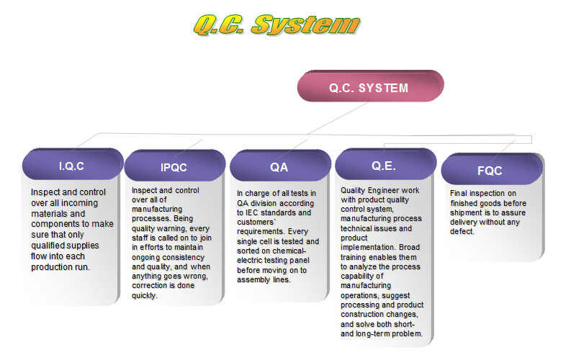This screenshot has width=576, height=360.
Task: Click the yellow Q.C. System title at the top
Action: click(277, 25)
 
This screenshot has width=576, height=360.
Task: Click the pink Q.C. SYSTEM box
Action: click(370, 86)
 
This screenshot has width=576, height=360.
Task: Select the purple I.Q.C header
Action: click(73, 165)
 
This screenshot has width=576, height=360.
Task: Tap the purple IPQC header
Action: click(174, 166)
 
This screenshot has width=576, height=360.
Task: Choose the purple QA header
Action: click(280, 166)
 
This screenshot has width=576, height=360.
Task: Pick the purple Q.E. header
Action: click(385, 165)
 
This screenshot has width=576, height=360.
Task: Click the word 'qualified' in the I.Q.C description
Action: click(47, 246)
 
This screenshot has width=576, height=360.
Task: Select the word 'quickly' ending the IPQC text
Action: click(144, 295)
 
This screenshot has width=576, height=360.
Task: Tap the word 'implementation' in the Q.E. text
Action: click(368, 248)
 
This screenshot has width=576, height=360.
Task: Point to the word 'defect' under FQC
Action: click(461, 232)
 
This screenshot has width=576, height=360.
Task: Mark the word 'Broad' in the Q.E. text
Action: click(409, 247)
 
